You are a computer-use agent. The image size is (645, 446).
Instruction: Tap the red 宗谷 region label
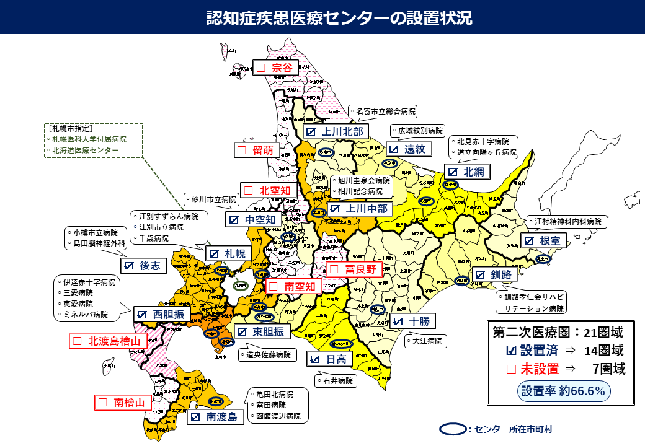tap(276, 68)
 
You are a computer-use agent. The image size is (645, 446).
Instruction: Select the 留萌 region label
tap(257, 150)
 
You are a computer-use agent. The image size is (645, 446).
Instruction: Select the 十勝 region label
tap(414, 321)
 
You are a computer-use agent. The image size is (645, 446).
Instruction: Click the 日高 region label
tap(330, 359)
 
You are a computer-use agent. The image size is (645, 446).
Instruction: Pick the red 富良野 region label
tap(351, 269)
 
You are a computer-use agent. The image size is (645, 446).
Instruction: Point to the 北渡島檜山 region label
tap(107, 341)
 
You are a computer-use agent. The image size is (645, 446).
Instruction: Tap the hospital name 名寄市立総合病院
tap(383, 111)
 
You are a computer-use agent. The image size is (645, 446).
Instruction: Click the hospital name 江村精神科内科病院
tap(567, 221)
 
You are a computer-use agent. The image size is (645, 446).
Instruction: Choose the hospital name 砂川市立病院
tap(211, 199)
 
